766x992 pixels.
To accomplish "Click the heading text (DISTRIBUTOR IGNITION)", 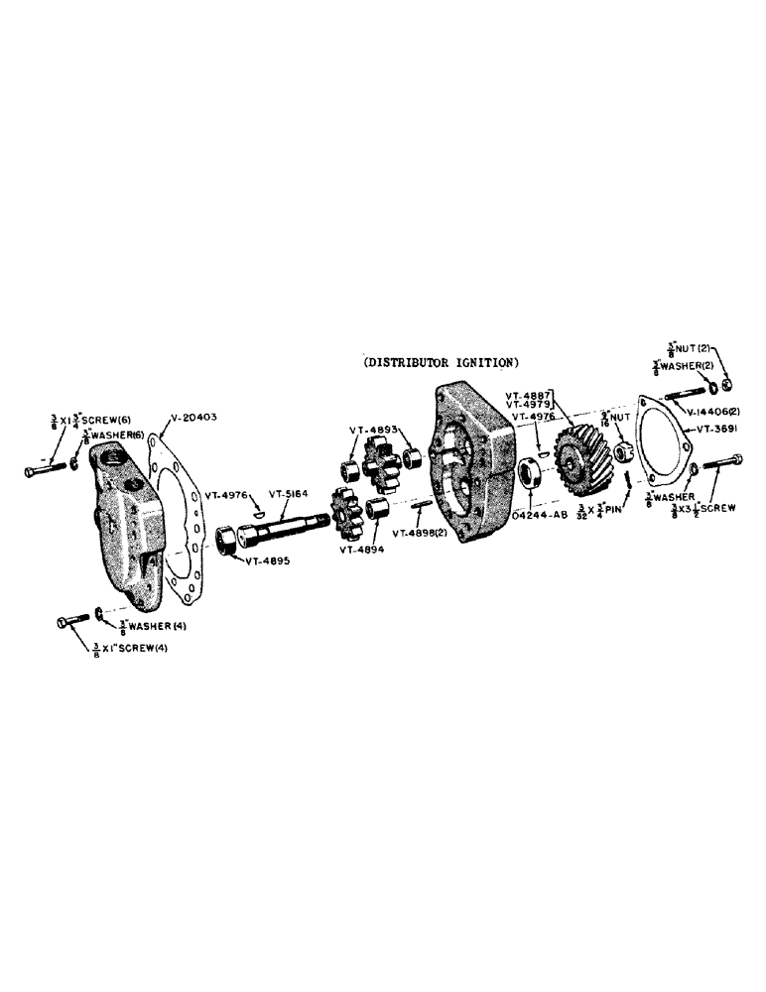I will [x=442, y=363].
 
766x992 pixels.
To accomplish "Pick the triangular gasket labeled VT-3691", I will [x=664, y=436].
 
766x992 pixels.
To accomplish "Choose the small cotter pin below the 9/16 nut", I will [x=626, y=480].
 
